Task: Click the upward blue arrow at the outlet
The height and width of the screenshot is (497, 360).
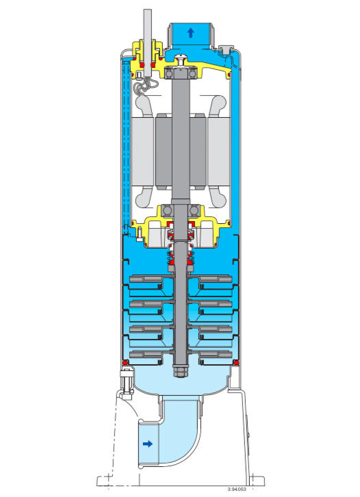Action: coord(190,33)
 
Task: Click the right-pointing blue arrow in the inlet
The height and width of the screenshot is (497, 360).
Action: coord(148,444)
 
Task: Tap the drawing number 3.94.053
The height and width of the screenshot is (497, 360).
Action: coord(237,489)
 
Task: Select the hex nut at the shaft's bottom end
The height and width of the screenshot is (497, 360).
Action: coord(181,371)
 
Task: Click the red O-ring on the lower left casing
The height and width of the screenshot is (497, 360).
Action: coord(125,362)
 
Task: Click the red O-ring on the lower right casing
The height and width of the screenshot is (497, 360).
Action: coord(235,362)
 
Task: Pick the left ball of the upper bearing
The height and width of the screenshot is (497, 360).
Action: coord(169,74)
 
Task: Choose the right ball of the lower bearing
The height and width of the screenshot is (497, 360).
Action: coord(193,210)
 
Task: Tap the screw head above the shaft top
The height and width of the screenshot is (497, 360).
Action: coord(181,59)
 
